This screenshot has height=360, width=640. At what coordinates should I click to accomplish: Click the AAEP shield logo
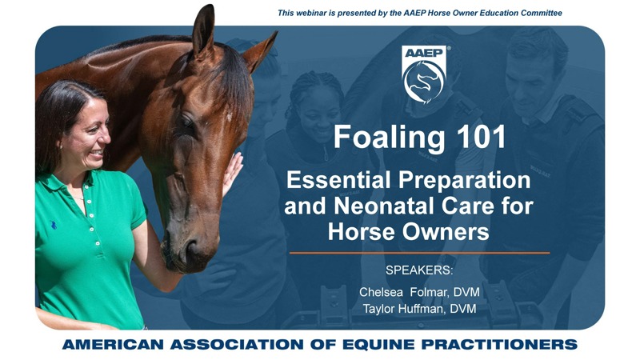click(424, 74)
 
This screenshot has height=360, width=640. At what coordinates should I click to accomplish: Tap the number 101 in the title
click(481, 137)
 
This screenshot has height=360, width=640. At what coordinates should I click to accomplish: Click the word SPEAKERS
click(418, 270)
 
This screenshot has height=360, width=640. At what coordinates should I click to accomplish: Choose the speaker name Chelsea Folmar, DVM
click(419, 292)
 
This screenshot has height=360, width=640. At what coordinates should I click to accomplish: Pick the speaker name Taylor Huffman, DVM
click(419, 309)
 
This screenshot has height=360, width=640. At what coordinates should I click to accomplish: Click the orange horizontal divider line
click(419, 253)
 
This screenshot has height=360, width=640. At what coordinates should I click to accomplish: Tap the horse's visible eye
click(187, 122)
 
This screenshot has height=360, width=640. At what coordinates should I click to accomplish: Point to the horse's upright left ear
click(203, 30)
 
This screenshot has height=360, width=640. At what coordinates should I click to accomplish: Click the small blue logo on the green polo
click(53, 225)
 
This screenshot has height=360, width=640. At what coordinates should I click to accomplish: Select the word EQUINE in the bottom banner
click(379, 344)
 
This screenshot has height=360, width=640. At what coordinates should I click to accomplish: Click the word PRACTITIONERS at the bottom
click(499, 344)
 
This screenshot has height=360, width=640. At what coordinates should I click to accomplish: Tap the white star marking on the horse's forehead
click(230, 117)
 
